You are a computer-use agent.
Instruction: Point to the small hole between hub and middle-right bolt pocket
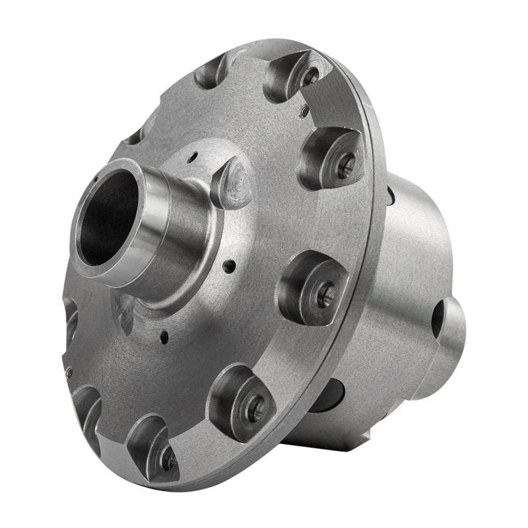pos(229,266)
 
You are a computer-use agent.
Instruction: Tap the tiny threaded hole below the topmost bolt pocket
pos(304,112)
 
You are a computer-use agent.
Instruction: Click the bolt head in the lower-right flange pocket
pos(253,410)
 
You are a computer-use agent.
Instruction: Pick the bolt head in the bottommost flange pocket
pos(168,458)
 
